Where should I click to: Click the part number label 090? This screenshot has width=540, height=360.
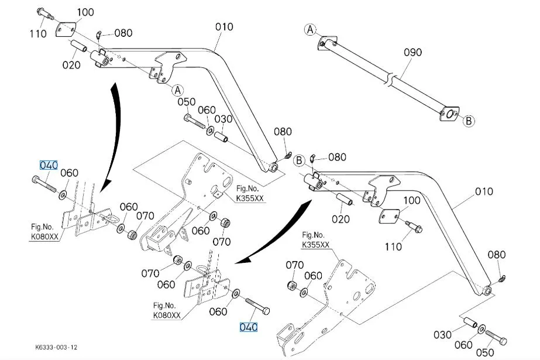coord(412,52)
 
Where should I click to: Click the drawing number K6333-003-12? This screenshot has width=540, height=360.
coord(56,347)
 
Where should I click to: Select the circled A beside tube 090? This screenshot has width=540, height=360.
coord(310,30)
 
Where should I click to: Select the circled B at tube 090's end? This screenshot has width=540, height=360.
coord(469,121)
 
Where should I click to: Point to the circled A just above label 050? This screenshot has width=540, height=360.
coord(177,90)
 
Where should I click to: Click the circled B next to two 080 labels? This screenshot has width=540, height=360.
coord(299,160)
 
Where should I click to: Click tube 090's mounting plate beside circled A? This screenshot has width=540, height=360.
coord(327,43)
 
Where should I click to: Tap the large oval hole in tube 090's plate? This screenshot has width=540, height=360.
coord(449,114)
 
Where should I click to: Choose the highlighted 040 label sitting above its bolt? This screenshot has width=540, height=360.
coord(49,165)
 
